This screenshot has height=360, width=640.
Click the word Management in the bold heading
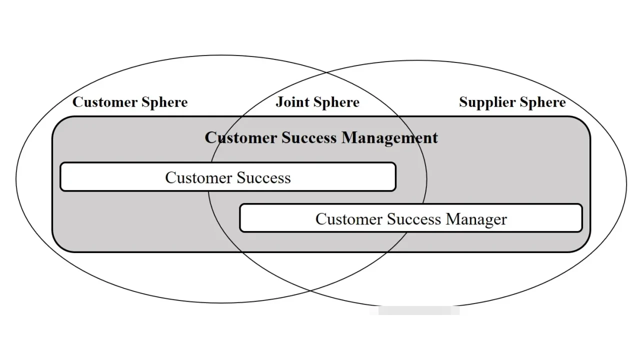coord(389,137)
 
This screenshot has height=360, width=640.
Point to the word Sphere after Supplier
coord(542,102)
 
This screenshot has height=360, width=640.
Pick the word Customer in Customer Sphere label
coord(105,102)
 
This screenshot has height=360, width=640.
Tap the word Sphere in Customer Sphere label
coord(164,102)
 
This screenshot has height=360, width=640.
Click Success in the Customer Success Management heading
coord(308,137)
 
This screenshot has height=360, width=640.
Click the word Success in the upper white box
coord(263,178)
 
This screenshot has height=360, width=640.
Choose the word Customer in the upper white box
coord(198,178)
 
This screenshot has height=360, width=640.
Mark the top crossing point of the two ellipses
coord(327,73)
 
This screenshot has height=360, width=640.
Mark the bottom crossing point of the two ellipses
coord(309,290)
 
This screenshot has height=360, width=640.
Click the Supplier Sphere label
coord(512,102)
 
